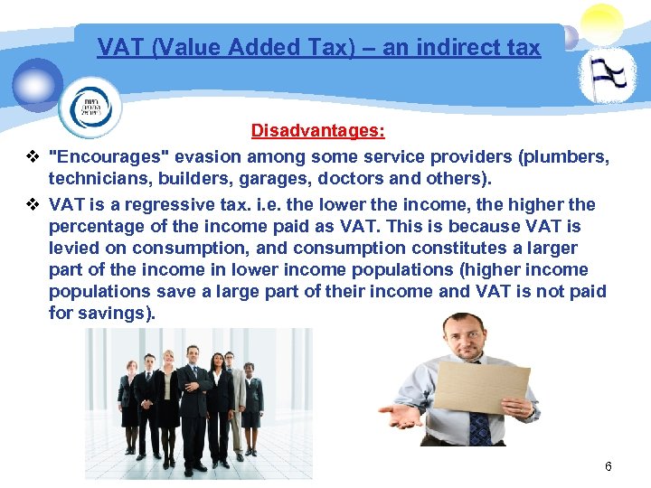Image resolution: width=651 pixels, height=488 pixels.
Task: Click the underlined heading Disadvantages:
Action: point(317,131)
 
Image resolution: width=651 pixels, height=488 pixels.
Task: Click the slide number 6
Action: point(608,466)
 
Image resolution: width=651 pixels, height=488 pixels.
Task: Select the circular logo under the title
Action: point(89,107)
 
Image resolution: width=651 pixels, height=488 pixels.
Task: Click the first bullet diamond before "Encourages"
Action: point(33,157)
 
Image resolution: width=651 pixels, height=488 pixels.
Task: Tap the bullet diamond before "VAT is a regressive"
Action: point(33,204)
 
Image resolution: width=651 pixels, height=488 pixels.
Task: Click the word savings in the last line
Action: point(114,314)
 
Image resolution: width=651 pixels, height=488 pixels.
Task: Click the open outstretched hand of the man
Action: point(402,416)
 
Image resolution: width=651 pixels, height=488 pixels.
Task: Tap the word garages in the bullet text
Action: point(292,179)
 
